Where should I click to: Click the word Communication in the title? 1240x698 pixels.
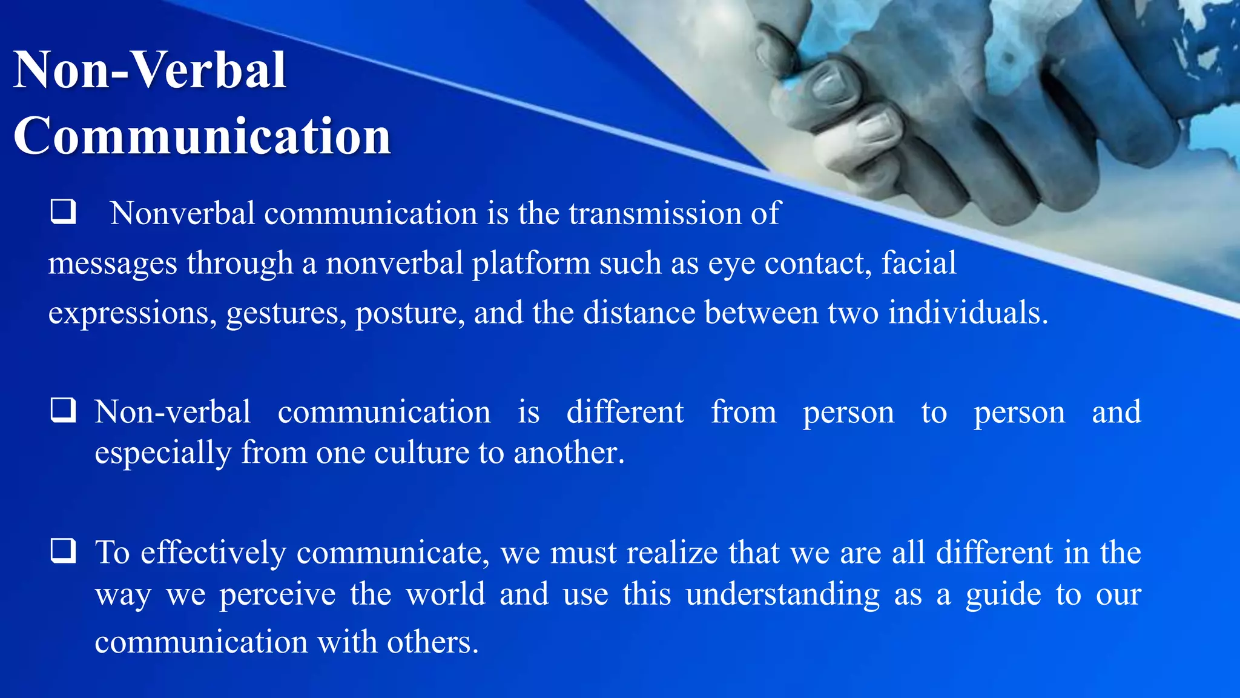click(202, 136)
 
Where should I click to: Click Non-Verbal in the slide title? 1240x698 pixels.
click(150, 70)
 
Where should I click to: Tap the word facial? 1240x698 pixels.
click(918, 263)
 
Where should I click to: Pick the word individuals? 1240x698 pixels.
click(968, 313)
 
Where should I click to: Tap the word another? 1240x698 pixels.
click(569, 453)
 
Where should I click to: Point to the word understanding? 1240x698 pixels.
click(782, 594)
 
